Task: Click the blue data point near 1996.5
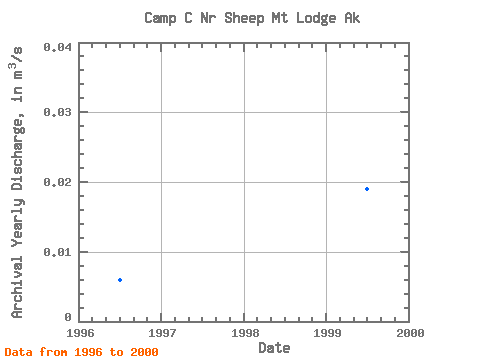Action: tap(120, 280)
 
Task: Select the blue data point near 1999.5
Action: tap(367, 189)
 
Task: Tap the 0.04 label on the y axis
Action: tap(57, 47)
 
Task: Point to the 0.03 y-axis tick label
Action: tap(57, 112)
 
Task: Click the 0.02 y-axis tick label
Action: tap(57, 182)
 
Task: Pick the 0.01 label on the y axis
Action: tap(57, 252)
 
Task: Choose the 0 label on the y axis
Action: tap(68, 317)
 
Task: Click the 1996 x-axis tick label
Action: tap(80, 333)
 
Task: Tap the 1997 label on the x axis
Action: tap(162, 333)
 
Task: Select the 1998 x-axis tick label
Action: tap(245, 333)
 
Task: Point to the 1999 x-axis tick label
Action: tap(327, 333)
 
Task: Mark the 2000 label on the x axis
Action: tap(410, 333)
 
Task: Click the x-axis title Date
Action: tap(274, 348)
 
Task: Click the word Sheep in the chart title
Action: tap(244, 18)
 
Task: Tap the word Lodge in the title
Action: tap(316, 18)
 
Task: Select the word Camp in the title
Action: tap(160, 18)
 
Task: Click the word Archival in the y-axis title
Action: tap(17, 287)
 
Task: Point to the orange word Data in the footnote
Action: tap(18, 352)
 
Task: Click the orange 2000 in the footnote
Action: tap(144, 352)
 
